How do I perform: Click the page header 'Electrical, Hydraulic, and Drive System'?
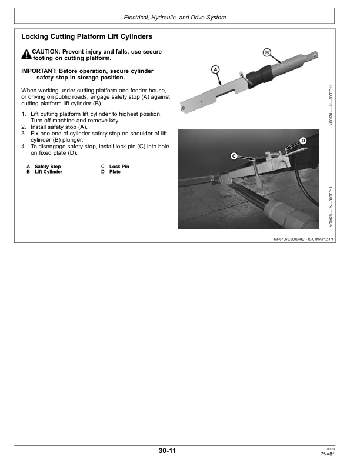coord(175,18)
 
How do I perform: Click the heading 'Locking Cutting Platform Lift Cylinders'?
coord(86,36)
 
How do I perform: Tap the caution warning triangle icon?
coord(26,55)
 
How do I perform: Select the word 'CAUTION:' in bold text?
coord(46,52)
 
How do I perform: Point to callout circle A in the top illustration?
coord(215,69)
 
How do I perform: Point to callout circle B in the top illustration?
coord(266,52)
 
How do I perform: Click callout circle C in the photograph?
coord(234,156)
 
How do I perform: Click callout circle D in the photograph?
coord(304,141)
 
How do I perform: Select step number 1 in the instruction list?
coord(24,113)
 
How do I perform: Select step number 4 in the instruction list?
coord(24,147)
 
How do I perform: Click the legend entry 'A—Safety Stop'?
coord(44,167)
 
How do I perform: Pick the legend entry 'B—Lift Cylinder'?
coord(45,172)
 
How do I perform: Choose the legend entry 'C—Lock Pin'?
coord(115,167)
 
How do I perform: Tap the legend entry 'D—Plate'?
coord(111,172)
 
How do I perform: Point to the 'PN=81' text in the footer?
coord(327,454)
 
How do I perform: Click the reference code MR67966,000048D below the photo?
coord(292,239)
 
